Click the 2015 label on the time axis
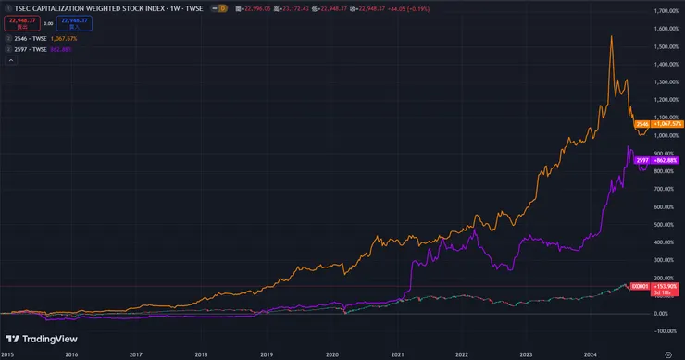[x=7, y=354]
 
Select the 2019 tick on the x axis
[x=268, y=354]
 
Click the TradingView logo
[x=42, y=339]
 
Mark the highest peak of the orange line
[x=612, y=36]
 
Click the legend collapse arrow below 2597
[x=6, y=60]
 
